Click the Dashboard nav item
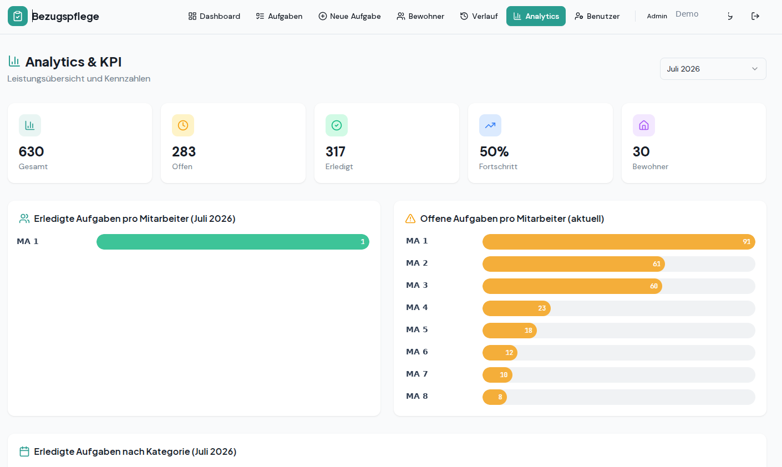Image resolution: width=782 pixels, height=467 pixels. tap(214, 16)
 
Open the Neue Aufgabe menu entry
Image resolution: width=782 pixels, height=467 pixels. tap(349, 16)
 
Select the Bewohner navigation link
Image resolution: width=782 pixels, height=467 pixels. tap(420, 16)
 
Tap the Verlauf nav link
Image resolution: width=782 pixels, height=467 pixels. tap(479, 16)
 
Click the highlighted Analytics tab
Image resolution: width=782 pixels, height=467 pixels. tap(536, 16)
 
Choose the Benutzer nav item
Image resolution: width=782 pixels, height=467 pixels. tap(597, 16)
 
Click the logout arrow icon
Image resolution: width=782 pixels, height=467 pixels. tap(755, 16)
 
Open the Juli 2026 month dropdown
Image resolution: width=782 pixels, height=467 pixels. tap(713, 69)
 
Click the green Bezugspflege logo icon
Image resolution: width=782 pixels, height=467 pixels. tap(17, 16)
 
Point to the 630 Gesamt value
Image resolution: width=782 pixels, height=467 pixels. tap(31, 151)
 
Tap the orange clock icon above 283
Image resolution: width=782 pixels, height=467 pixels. tap(183, 125)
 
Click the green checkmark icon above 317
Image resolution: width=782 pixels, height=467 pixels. tap(337, 125)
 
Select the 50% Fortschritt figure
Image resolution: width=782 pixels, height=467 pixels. tap(494, 151)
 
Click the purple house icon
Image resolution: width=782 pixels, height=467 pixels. tap(644, 125)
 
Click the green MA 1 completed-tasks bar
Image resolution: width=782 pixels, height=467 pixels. tap(233, 242)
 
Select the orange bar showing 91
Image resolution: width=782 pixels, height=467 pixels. tap(618, 242)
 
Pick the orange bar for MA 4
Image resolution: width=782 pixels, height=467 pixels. tap(516, 308)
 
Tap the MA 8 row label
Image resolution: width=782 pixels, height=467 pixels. tap(417, 396)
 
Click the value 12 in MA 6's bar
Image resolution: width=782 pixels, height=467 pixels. tap(509, 353)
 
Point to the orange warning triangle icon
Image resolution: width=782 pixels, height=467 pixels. tap(410, 219)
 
